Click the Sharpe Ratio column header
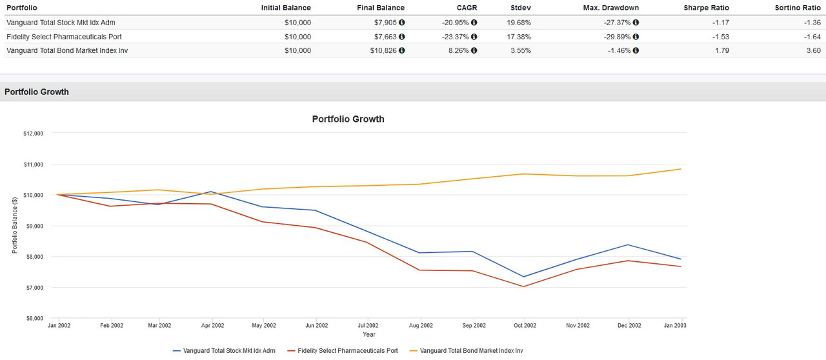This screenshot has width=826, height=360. tap(707, 8)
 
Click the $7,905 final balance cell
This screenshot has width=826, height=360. tap(387, 23)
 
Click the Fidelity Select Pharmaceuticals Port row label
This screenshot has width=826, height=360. tap(64, 37)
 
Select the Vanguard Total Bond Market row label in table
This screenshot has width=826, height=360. tap(67, 50)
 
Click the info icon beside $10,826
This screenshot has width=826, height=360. tap(402, 50)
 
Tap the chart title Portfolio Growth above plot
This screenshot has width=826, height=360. tap(348, 119)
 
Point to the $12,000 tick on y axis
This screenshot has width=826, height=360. tap(33, 134)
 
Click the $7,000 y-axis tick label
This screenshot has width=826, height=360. tap(34, 287)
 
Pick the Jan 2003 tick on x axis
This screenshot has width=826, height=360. tap(674, 326)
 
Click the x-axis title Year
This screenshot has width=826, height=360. tap(368, 334)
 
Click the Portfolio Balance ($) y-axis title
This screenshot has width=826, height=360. tap(15, 225)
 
